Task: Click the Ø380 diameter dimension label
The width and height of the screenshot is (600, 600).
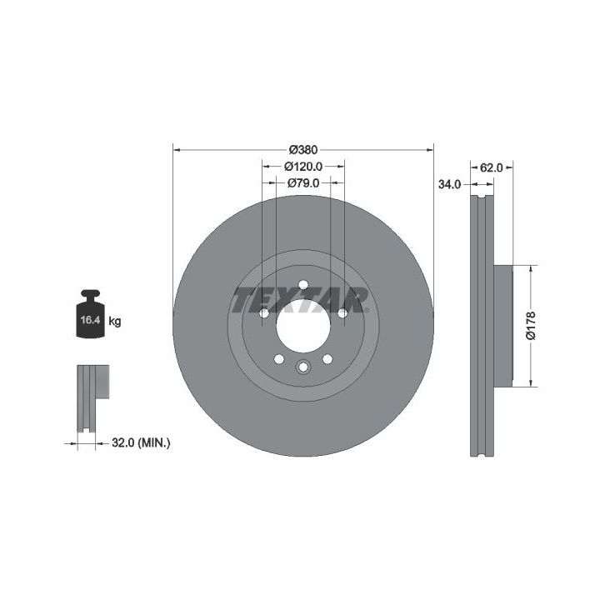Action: pyautogui.click(x=303, y=150)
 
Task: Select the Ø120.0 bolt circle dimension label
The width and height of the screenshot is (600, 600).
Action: pyautogui.click(x=303, y=167)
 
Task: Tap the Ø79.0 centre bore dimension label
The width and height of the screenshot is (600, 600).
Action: pyautogui.click(x=303, y=183)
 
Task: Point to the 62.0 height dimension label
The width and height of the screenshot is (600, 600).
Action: pyautogui.click(x=492, y=167)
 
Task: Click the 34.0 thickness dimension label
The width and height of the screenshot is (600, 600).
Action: pyautogui.click(x=450, y=184)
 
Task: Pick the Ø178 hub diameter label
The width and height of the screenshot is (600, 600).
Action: pyautogui.click(x=531, y=326)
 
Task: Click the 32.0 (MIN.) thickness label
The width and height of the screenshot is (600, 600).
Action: pyautogui.click(x=141, y=443)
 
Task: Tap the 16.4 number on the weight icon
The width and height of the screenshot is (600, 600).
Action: pyautogui.click(x=90, y=320)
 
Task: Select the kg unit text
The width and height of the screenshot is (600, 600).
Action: pyautogui.click(x=115, y=321)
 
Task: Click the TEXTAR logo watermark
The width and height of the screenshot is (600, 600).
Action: pyautogui.click(x=300, y=300)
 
